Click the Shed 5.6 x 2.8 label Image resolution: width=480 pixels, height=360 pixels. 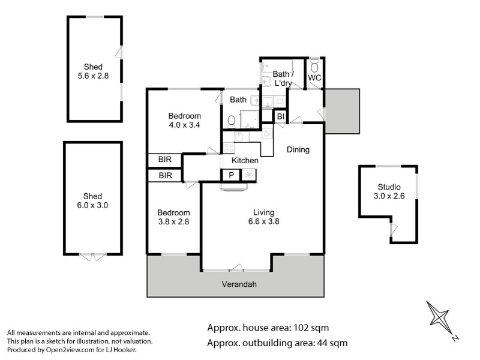(94, 71)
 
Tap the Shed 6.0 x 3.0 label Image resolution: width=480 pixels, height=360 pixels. (93, 200)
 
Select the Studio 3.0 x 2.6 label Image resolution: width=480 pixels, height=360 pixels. (388, 191)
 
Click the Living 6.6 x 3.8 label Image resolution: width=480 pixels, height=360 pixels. (263, 217)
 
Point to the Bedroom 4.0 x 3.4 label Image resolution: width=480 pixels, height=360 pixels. (184, 121)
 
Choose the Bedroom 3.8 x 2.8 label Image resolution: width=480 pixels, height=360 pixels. (173, 217)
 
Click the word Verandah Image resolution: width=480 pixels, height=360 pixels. (239, 284)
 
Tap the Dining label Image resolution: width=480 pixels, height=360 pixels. (298, 149)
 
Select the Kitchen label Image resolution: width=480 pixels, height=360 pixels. (245, 161)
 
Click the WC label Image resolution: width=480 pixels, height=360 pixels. (314, 78)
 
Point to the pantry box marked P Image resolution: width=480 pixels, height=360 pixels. (230, 175)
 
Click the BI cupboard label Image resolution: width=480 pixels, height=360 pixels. (280, 116)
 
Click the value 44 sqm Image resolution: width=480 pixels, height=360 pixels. (330, 343)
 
